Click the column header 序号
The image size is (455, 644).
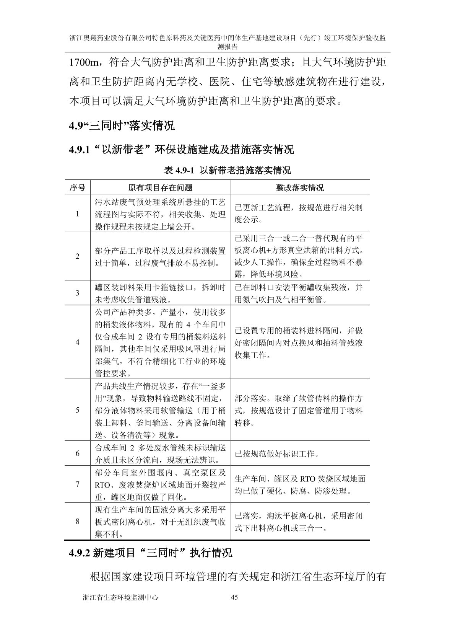click(77, 187)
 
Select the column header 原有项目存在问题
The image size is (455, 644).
click(160, 187)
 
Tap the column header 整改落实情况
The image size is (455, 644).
click(300, 187)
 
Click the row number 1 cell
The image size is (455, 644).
click(77, 214)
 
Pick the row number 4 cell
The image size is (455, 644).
click(77, 342)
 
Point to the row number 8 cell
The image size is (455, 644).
click(77, 521)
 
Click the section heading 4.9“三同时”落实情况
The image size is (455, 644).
click(122, 126)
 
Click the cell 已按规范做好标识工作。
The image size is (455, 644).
click(277, 454)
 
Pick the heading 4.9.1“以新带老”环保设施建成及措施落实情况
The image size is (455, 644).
click(181, 149)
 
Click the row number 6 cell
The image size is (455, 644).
click(77, 453)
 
